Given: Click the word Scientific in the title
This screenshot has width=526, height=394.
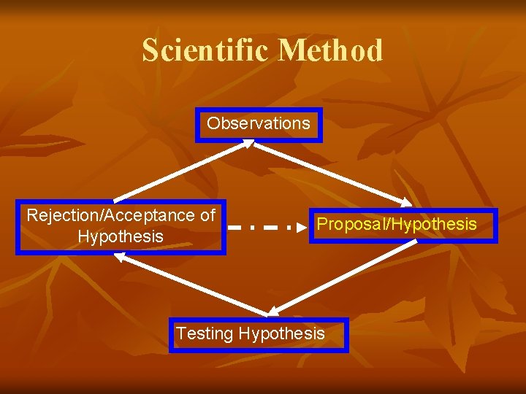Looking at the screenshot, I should (207, 51).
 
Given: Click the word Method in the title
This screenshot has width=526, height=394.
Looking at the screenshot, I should (330, 51).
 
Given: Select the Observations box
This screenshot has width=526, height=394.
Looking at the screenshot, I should (259, 124).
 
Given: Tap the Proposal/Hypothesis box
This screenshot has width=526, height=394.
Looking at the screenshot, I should (403, 225).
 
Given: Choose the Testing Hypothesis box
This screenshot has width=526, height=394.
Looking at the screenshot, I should (259, 334).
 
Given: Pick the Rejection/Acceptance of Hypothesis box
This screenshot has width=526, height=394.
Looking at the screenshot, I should (121, 226).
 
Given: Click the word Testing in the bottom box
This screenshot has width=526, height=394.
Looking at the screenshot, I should (205, 334).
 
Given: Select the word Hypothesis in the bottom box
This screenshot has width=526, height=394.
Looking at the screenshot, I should (281, 334).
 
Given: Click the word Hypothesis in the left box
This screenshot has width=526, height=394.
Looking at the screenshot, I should (121, 237).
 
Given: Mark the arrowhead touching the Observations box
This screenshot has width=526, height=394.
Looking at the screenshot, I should (247, 144).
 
